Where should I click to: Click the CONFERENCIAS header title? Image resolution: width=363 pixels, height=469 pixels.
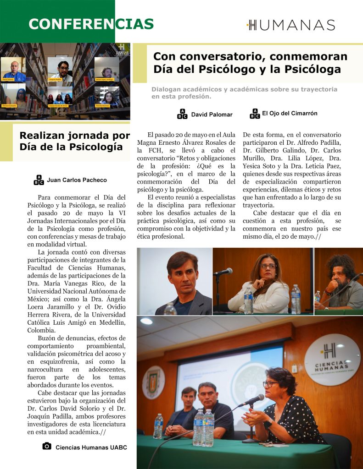coord(91,24)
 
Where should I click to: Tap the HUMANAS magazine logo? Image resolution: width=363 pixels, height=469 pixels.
coord(290,25)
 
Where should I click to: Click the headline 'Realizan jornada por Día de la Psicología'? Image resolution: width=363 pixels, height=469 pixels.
coord(75,141)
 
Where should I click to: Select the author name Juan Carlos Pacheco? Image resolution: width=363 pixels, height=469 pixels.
coord(77,180)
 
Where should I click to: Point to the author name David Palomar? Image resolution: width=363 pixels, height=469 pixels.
coord(212,115)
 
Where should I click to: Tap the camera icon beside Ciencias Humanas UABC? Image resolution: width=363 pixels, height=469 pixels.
coord(46,446)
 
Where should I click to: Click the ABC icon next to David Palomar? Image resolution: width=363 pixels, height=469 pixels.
coord(182,115)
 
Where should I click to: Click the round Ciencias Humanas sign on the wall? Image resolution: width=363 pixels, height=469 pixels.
coord(332,360)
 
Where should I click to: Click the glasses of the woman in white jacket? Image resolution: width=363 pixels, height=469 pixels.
coord(268,266)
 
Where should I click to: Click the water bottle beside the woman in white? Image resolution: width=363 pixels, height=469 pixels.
coord(248,300)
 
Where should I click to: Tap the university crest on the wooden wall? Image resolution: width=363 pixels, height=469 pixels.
coord(154,382)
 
